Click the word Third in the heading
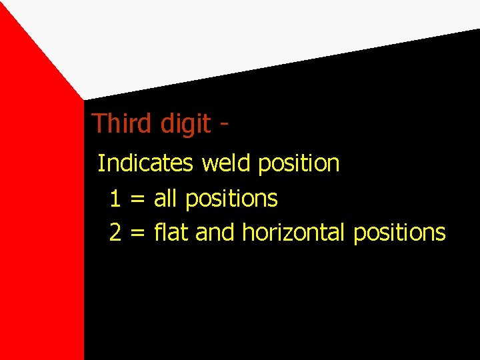tap(117, 123)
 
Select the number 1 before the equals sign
tap(115, 198)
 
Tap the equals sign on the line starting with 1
tap(137, 199)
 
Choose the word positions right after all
tap(231, 199)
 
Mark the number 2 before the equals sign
tap(115, 233)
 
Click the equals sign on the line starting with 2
tap(137, 233)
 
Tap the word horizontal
tap(293, 233)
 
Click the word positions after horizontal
tap(399, 233)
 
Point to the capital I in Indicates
tap(100, 163)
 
